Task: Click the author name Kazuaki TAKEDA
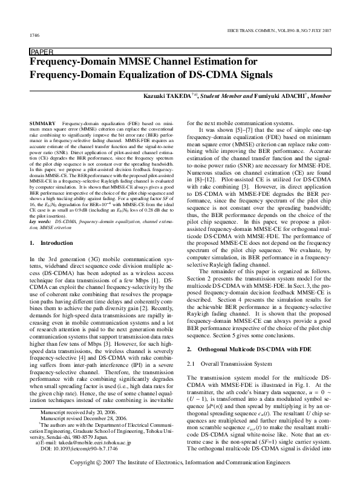click(x=168, y=96)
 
